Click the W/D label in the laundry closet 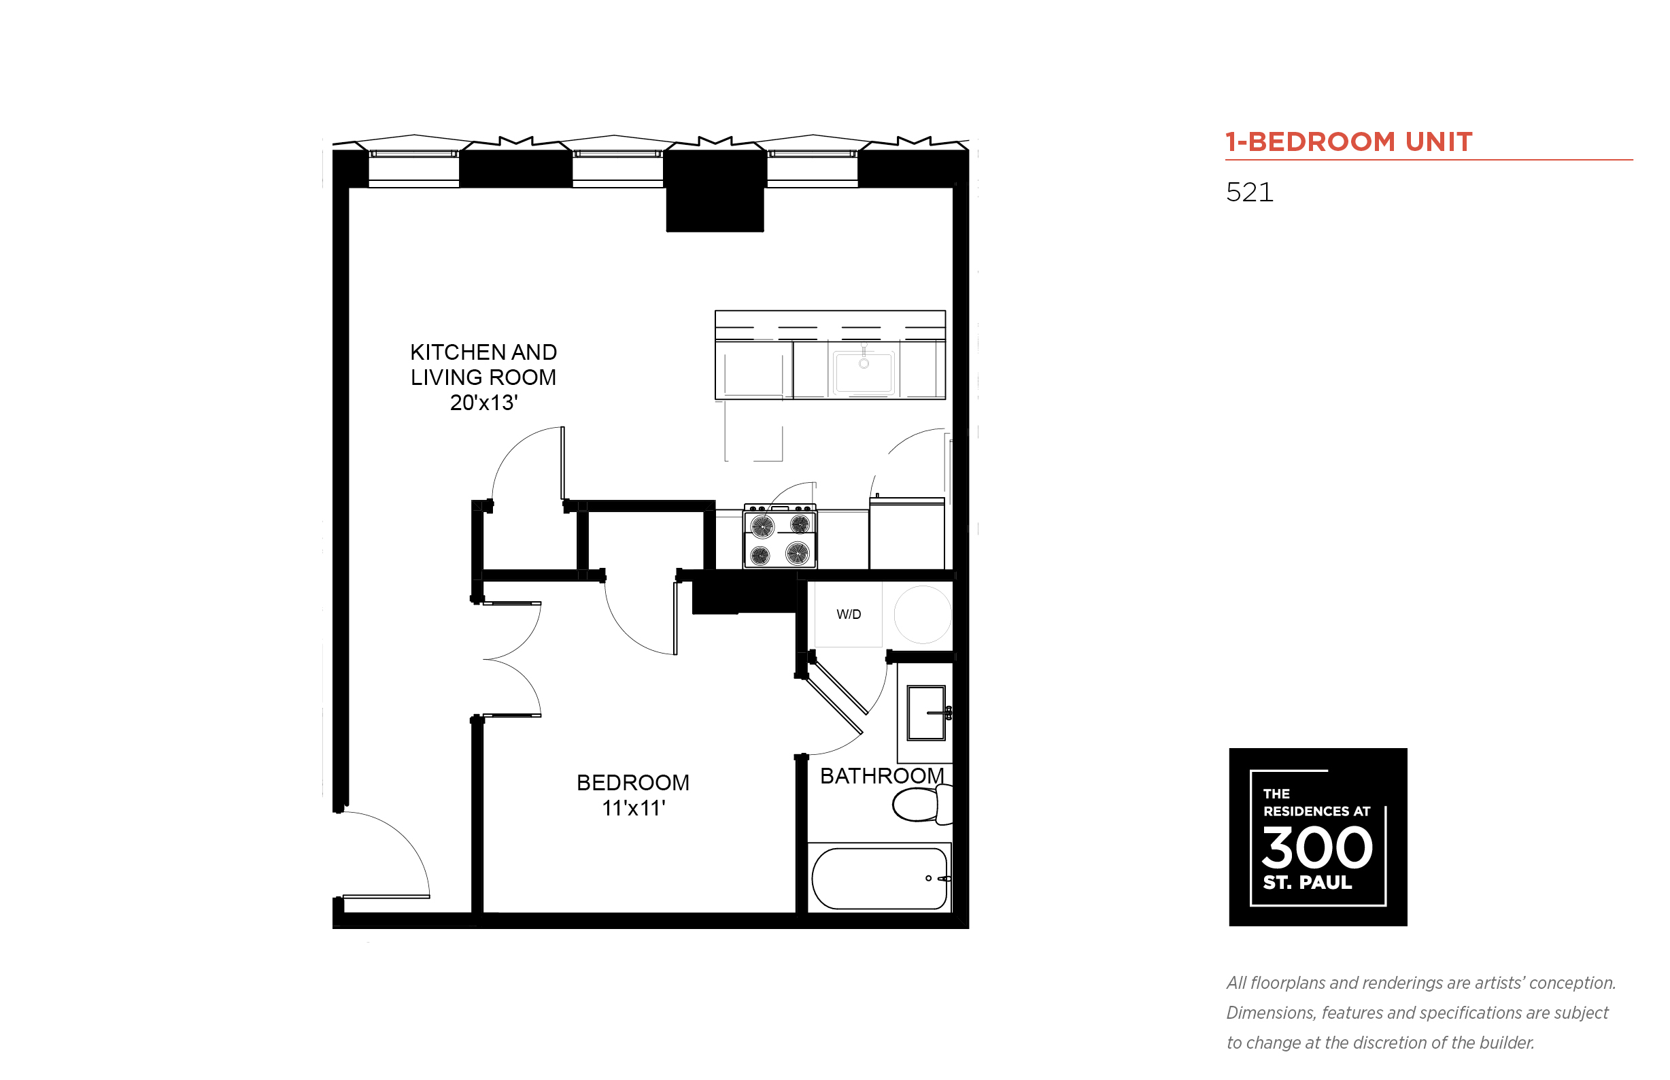click(849, 614)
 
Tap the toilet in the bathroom click(922, 805)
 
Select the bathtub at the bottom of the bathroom click(879, 878)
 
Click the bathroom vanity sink click(926, 713)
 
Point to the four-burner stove click(780, 536)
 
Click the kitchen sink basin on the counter click(864, 372)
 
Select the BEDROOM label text click(633, 783)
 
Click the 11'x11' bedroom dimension click(633, 808)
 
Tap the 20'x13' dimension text click(483, 403)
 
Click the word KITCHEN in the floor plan click(454, 352)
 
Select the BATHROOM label click(882, 775)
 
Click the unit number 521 click(1249, 192)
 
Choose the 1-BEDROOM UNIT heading click(1349, 141)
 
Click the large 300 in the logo click(1317, 847)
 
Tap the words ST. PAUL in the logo click(1308, 882)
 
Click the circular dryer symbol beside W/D click(923, 614)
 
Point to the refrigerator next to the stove click(907, 533)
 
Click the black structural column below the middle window click(715, 190)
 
